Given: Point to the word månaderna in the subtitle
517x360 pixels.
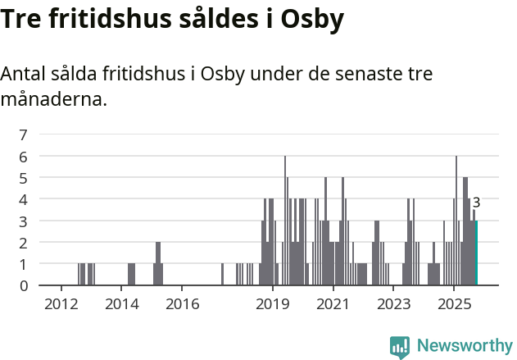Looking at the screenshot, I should [x=53, y=101].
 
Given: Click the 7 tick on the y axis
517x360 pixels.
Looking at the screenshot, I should [x=24, y=134].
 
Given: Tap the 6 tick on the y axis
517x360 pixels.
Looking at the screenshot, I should [x=24, y=156].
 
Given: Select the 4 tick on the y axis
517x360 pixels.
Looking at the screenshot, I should [x=24, y=199].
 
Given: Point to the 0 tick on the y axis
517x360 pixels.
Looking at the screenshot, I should [x=24, y=285].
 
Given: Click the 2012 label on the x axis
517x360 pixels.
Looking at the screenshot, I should [x=61, y=304].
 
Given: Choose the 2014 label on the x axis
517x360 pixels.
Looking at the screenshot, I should [x=122, y=304].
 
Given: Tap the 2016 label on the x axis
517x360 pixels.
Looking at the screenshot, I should [x=182, y=304].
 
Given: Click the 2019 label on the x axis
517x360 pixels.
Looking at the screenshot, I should [x=273, y=304].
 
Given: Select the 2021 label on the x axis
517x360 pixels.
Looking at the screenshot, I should [x=333, y=304].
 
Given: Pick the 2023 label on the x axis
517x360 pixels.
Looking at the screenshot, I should [x=393, y=304].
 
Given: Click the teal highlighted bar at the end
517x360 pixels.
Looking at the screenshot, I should [x=476, y=253].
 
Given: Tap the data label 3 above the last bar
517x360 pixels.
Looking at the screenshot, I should [x=476, y=203].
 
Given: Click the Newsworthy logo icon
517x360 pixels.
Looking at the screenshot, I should [x=400, y=347].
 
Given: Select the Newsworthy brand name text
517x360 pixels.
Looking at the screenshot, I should [x=465, y=346].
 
